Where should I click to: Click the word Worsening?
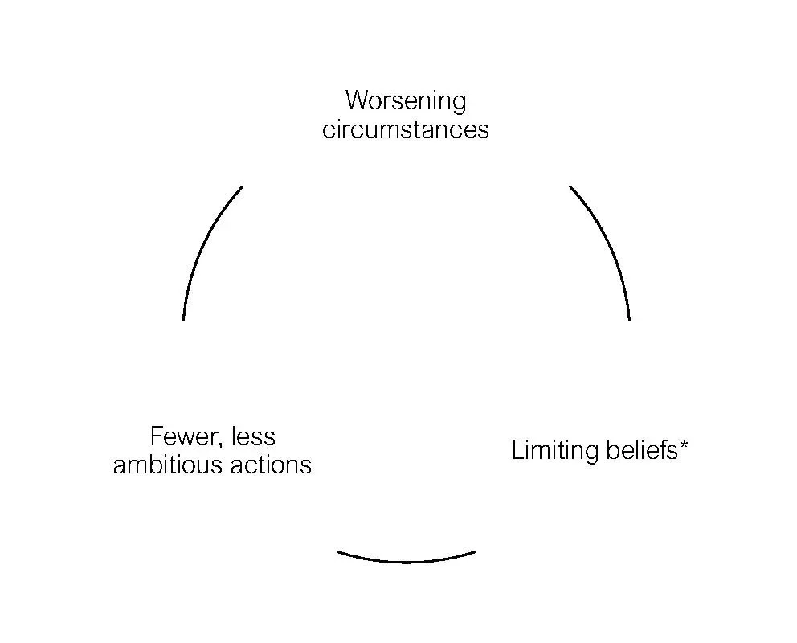[x=405, y=101]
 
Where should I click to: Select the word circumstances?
[x=405, y=129]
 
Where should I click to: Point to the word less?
[x=253, y=436]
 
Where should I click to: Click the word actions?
[x=273, y=465]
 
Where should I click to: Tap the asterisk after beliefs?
[x=684, y=444]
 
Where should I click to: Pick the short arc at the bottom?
[x=407, y=561]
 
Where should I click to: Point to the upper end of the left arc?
[x=242, y=187]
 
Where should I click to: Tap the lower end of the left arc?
[x=184, y=319]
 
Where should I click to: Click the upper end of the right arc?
[x=570, y=187]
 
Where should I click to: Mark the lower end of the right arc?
[x=629, y=319]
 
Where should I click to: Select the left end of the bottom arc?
[x=339, y=552]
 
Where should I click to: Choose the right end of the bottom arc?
[x=474, y=552]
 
